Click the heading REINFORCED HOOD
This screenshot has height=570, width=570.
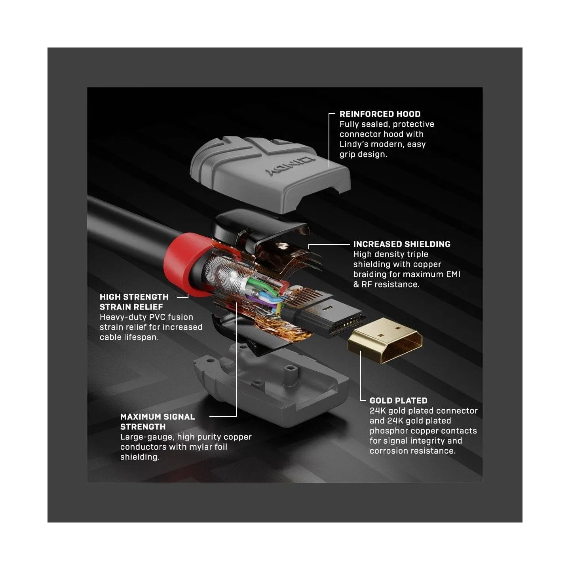coord(380,114)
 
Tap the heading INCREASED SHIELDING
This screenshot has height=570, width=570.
coord(402,244)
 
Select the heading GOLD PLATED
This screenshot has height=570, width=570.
coord(399,401)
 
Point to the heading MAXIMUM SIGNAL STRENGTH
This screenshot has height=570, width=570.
coord(158,422)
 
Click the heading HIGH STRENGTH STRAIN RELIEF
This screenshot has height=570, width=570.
coord(134,302)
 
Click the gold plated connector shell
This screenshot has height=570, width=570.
coord(384,340)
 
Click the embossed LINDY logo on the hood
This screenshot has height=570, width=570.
coord(291,166)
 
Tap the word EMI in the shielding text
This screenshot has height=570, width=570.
coord(453,274)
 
